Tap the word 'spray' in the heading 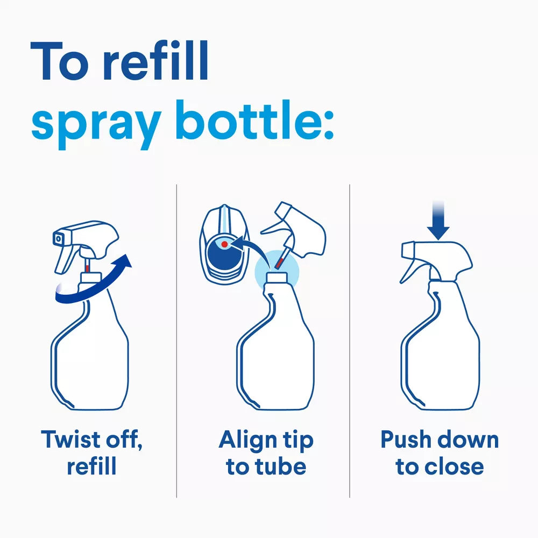[x=96, y=124]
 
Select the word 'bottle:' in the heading [x=254, y=120]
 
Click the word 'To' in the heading [x=59, y=61]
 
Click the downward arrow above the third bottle [x=438, y=221]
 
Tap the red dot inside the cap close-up [x=224, y=244]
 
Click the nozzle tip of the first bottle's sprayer [x=58, y=238]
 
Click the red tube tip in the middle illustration [x=279, y=263]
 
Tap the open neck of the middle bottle [x=277, y=277]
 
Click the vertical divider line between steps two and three [x=350, y=341]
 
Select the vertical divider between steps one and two [x=176, y=341]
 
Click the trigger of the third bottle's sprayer [x=409, y=271]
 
